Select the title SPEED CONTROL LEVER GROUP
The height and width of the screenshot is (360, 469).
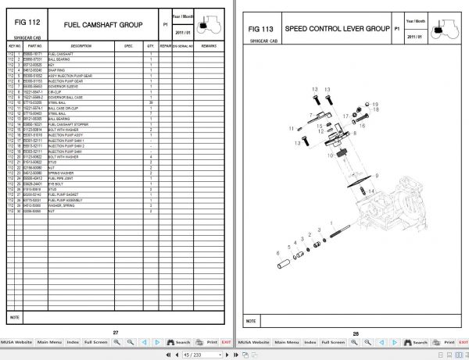[336, 28]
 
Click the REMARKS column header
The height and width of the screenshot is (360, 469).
[209, 46]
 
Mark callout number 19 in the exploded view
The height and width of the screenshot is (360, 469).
[376, 104]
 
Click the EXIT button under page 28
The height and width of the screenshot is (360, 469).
[460, 342]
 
